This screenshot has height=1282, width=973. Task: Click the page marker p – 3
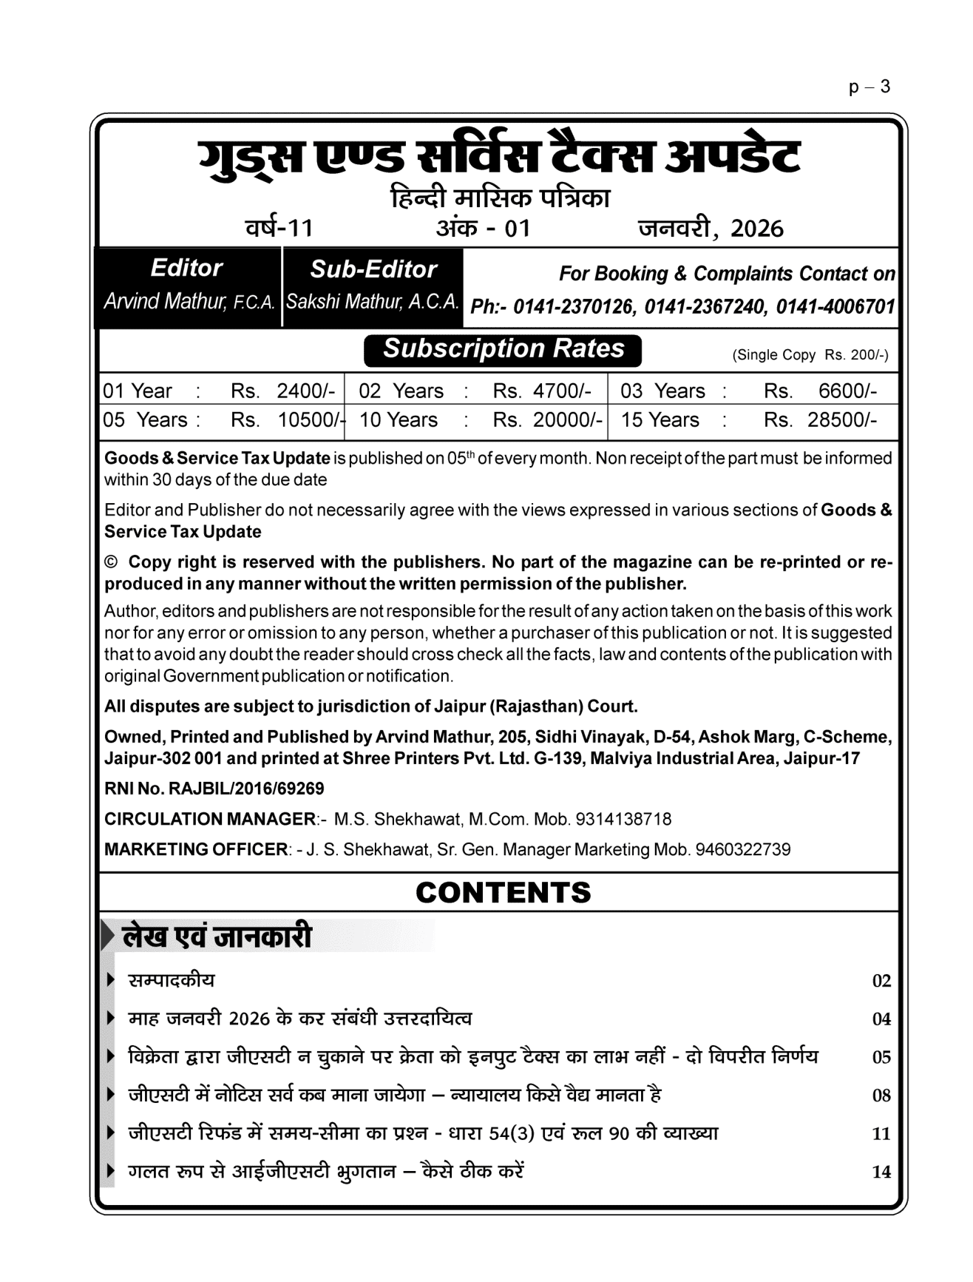pyautogui.click(x=869, y=87)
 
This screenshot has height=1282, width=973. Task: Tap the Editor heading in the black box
pyautogui.click(x=186, y=268)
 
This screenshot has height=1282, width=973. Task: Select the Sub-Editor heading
pyautogui.click(x=373, y=269)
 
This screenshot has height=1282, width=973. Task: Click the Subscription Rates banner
pyautogui.click(x=503, y=349)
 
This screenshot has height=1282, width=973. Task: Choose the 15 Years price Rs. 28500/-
pyautogui.click(x=820, y=420)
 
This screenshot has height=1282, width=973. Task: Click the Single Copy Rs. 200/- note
pyautogui.click(x=810, y=355)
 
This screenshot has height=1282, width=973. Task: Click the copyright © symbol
pyautogui.click(x=111, y=562)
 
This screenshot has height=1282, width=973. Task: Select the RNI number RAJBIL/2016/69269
pyautogui.click(x=246, y=789)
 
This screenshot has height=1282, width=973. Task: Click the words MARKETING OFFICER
pyautogui.click(x=195, y=849)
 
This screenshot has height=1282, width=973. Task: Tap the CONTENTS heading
pyautogui.click(x=503, y=892)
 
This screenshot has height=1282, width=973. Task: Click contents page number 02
pyautogui.click(x=881, y=981)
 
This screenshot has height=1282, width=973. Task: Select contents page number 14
pyautogui.click(x=881, y=1172)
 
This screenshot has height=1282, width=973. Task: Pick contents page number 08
pyautogui.click(x=881, y=1096)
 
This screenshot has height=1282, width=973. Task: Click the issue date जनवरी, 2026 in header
pyautogui.click(x=711, y=228)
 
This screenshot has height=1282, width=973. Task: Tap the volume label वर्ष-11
pyautogui.click(x=279, y=227)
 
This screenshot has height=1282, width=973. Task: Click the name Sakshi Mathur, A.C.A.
pyautogui.click(x=373, y=303)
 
